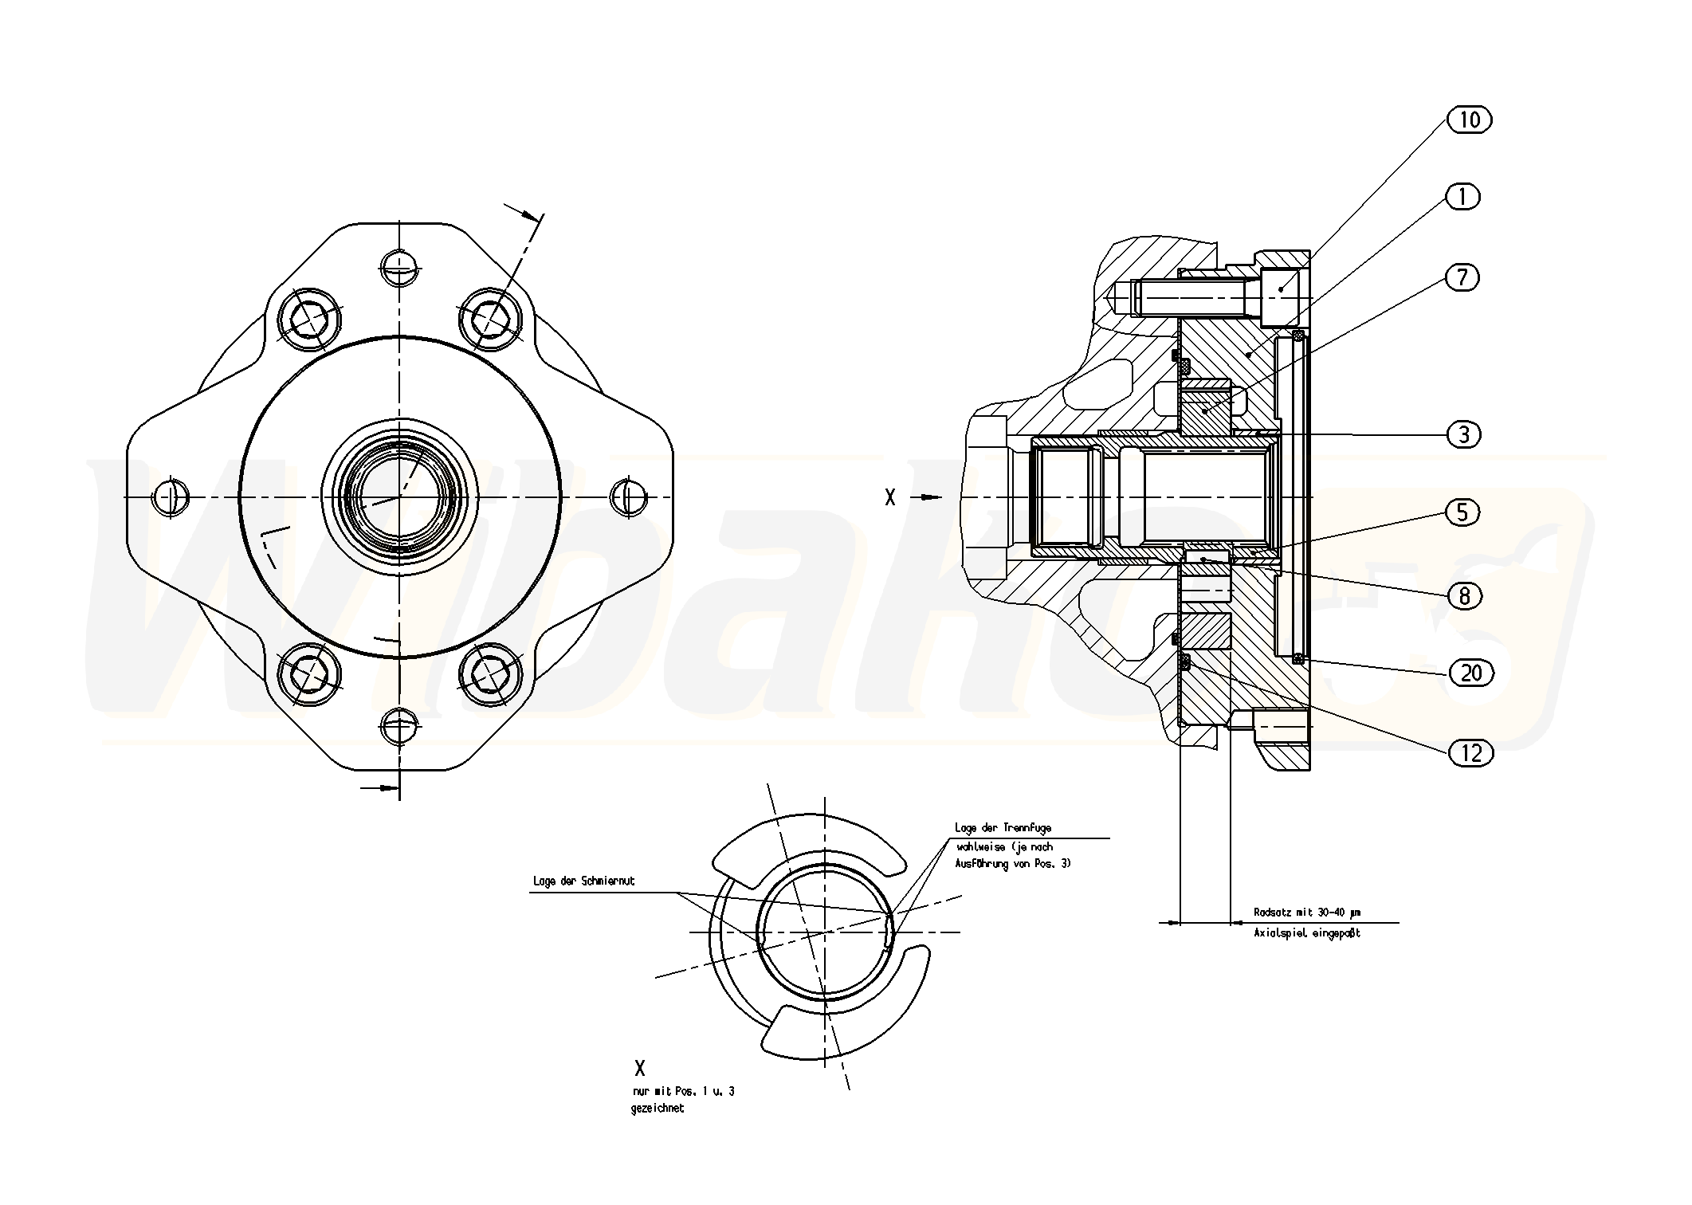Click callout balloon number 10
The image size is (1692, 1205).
(x=1469, y=120)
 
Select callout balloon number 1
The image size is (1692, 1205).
(x=1462, y=197)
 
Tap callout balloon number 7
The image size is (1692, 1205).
(x=1462, y=277)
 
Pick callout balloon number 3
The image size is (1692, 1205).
(x=1463, y=434)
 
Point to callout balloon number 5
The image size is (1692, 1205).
(x=1462, y=512)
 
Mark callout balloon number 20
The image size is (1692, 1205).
(x=1471, y=673)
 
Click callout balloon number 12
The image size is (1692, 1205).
(x=1471, y=752)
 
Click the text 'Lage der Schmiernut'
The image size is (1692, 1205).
(x=583, y=881)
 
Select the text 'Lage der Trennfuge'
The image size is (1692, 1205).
(x=1003, y=828)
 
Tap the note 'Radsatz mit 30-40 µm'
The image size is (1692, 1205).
(x=1306, y=913)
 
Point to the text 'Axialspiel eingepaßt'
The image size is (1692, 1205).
(x=1306, y=932)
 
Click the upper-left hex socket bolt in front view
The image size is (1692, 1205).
(x=310, y=320)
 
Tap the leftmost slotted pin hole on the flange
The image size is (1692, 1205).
(x=171, y=497)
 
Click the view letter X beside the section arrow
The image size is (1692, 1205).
(x=890, y=498)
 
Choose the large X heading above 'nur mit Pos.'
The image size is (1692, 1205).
(x=639, y=1069)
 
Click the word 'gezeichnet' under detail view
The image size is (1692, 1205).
(x=658, y=1109)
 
